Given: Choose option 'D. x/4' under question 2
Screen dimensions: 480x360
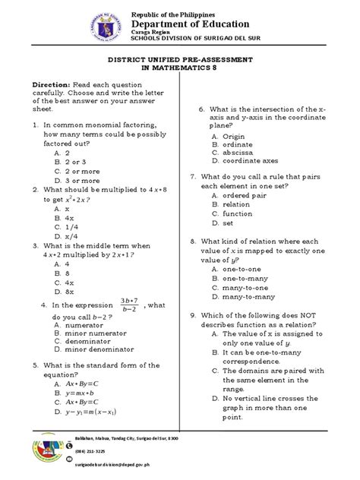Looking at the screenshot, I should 68,235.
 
